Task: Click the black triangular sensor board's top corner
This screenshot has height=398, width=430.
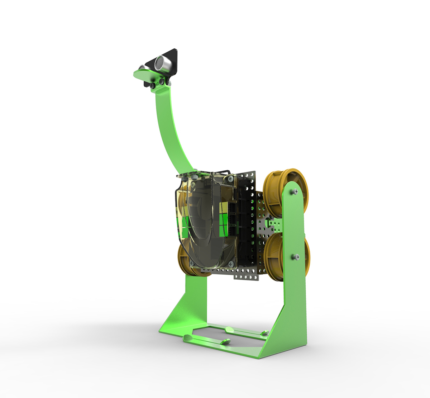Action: tap(175, 50)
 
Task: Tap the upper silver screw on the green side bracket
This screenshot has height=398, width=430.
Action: tap(295, 192)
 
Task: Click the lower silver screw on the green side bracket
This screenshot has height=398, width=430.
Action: tap(296, 257)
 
